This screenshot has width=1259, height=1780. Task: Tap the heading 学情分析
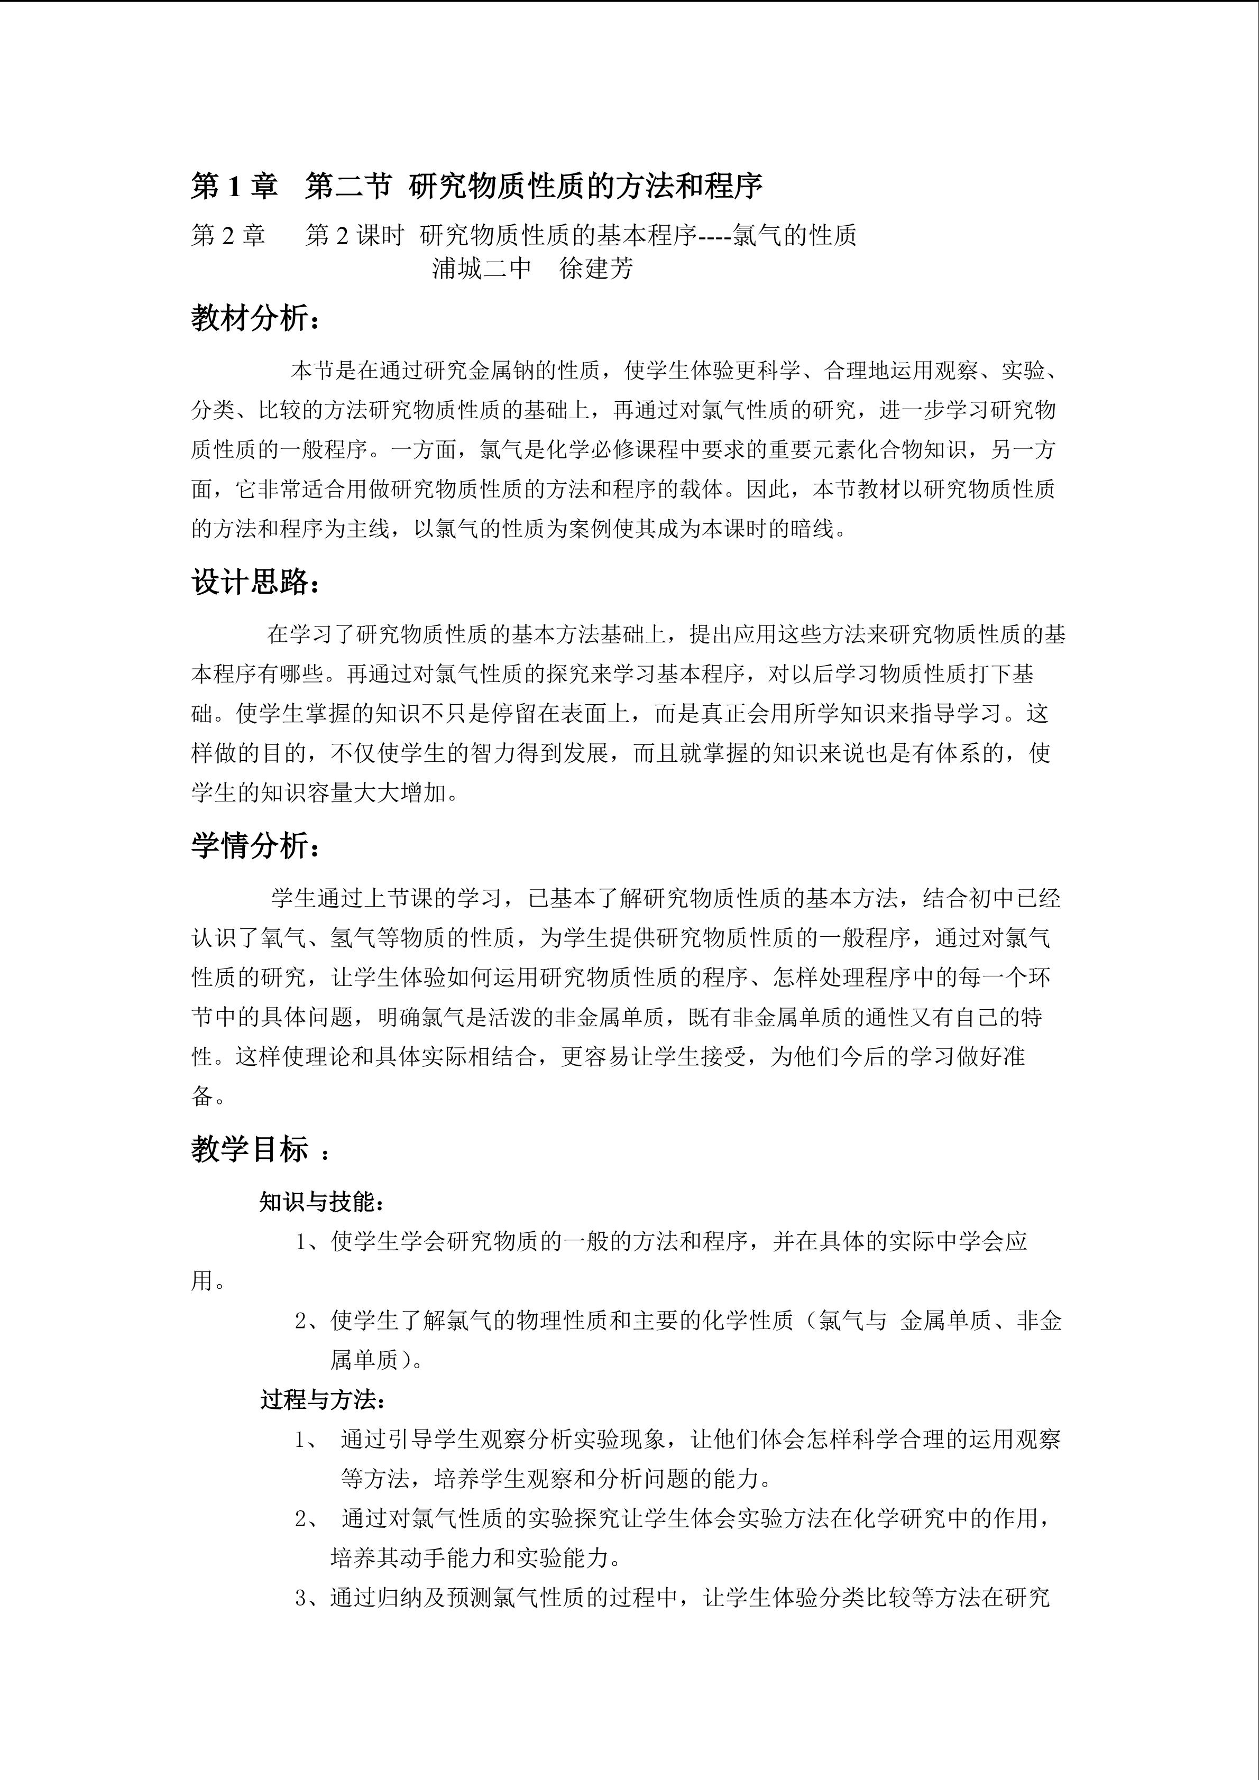(254, 846)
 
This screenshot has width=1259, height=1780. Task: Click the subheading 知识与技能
(321, 1202)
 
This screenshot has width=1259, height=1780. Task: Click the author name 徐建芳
(596, 268)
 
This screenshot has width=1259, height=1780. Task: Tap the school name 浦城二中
(481, 268)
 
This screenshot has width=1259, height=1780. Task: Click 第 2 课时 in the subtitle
(354, 235)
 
